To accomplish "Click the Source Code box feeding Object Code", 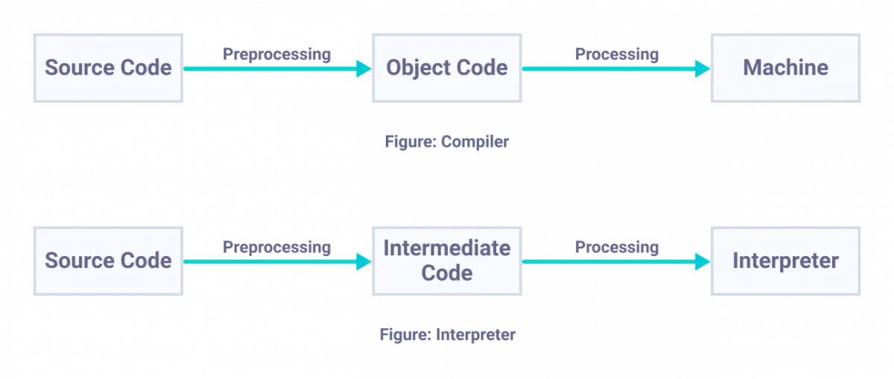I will [108, 68].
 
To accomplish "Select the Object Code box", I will [446, 68].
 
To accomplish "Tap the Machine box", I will [785, 68].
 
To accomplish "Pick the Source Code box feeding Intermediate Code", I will [108, 261].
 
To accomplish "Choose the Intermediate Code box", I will [446, 261].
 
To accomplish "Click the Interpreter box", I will [785, 261].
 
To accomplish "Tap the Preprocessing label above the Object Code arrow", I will [276, 54].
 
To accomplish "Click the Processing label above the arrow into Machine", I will [617, 54].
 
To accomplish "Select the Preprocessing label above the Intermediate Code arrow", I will [276, 247].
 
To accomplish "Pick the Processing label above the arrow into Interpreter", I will [617, 247].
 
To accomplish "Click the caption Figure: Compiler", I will [446, 141].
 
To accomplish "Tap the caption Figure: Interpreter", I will [446, 334].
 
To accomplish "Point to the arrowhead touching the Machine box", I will [702, 69].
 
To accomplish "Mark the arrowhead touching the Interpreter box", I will [702, 262].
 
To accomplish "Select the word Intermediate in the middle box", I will [446, 248].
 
